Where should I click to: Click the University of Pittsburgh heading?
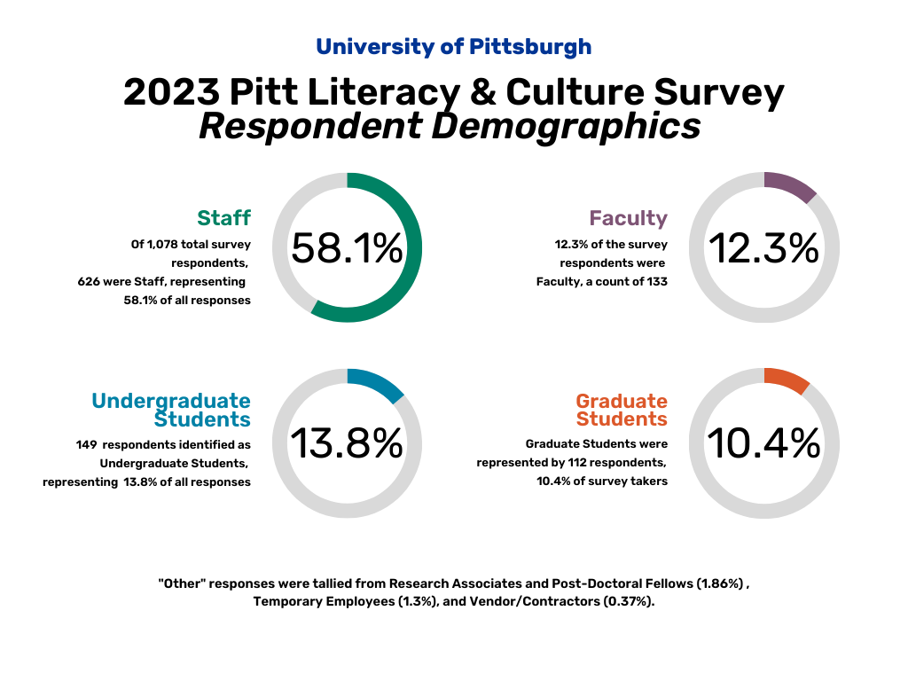point(453,46)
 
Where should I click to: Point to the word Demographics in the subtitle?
point(567,126)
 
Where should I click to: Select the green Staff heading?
point(223,217)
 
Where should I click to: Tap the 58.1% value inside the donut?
point(347,248)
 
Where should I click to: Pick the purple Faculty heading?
point(628,217)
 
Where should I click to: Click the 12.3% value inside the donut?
point(763,248)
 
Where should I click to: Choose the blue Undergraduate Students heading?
point(171,410)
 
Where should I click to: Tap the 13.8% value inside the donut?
point(347,443)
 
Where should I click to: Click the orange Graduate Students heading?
point(622,410)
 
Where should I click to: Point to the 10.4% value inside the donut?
point(763,443)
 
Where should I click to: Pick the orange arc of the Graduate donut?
point(788,379)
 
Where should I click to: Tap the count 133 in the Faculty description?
point(655,281)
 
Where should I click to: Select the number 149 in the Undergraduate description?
point(86,443)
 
